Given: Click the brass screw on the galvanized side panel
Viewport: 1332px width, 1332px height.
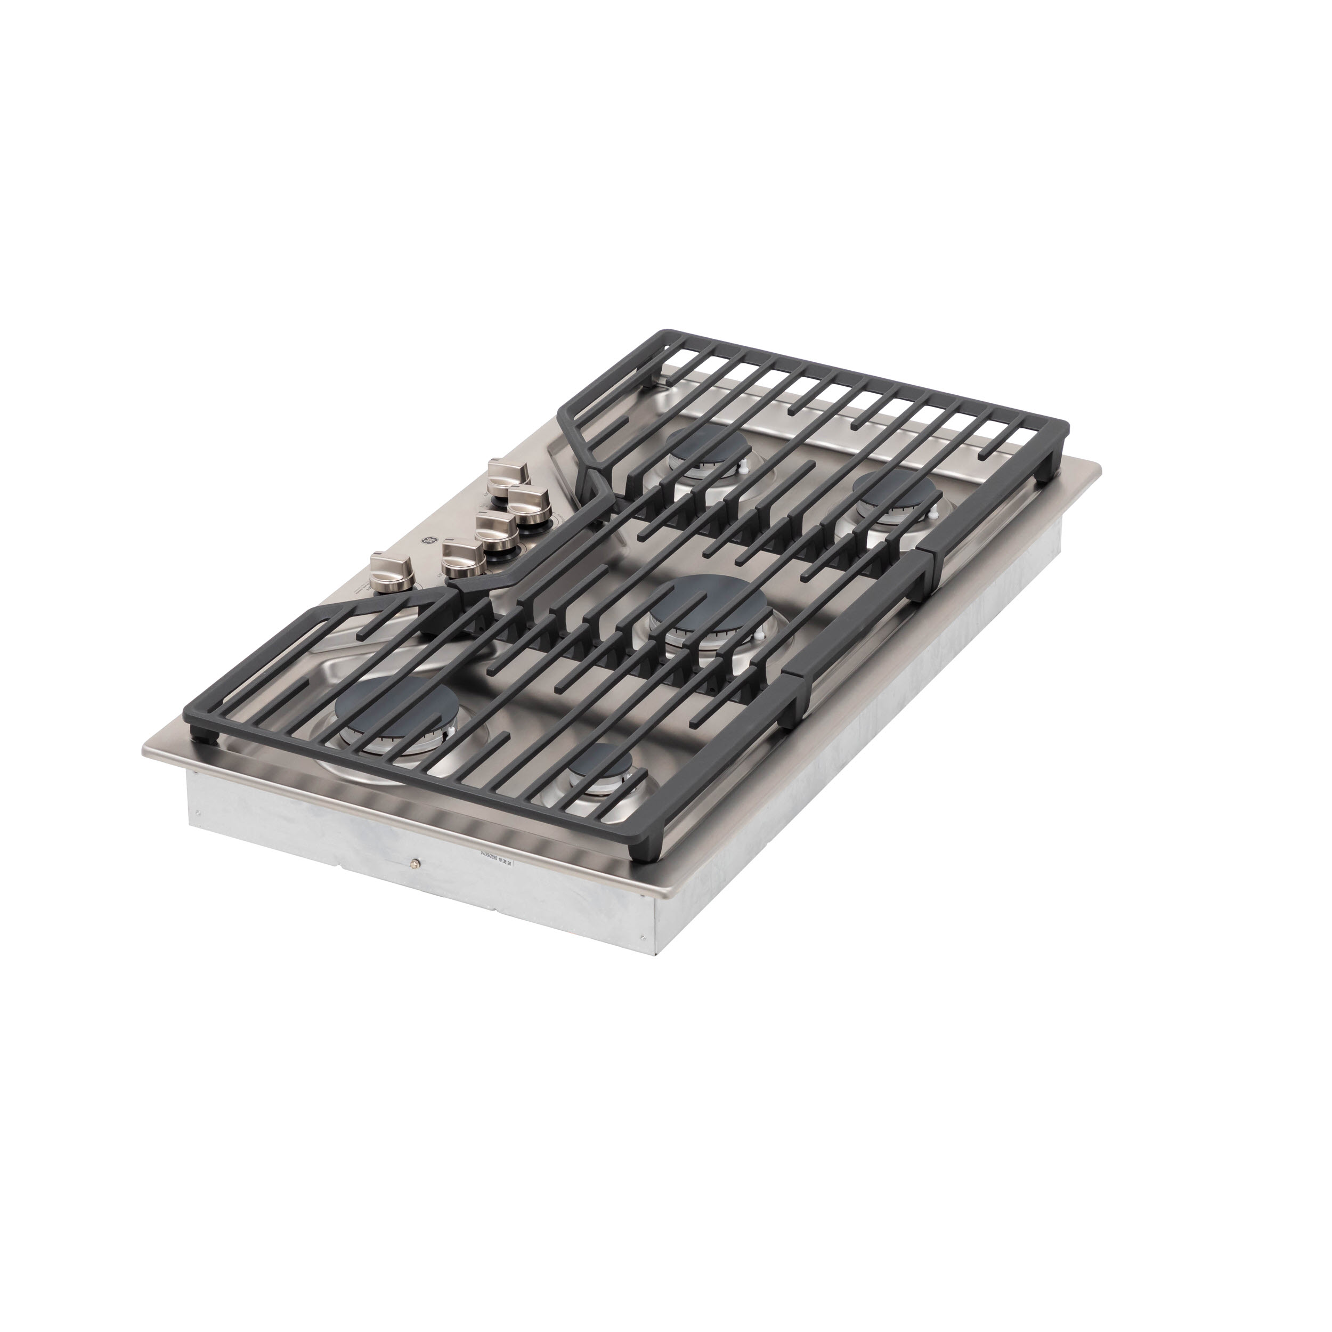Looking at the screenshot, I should click(413, 863).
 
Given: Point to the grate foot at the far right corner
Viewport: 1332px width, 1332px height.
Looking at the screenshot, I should click(1050, 474).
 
